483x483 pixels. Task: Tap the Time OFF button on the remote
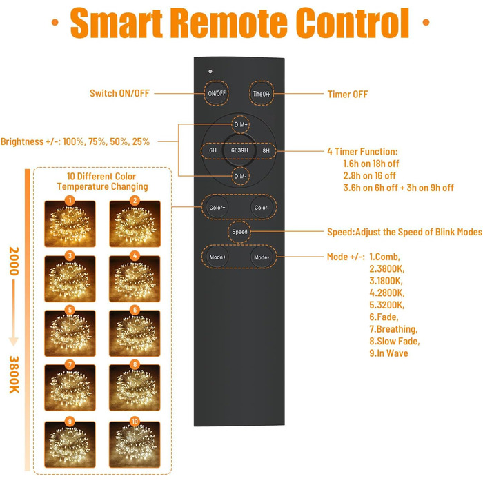point(262,93)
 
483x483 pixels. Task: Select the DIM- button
point(239,176)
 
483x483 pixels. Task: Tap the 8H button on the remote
point(266,150)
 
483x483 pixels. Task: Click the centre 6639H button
point(239,150)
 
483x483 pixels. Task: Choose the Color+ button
point(217,206)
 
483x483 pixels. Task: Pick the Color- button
point(262,206)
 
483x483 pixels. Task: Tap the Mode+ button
point(217,257)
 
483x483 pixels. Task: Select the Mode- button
point(262,257)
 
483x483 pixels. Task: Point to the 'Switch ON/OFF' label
point(119,94)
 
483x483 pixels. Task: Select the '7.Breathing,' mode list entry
point(393,329)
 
